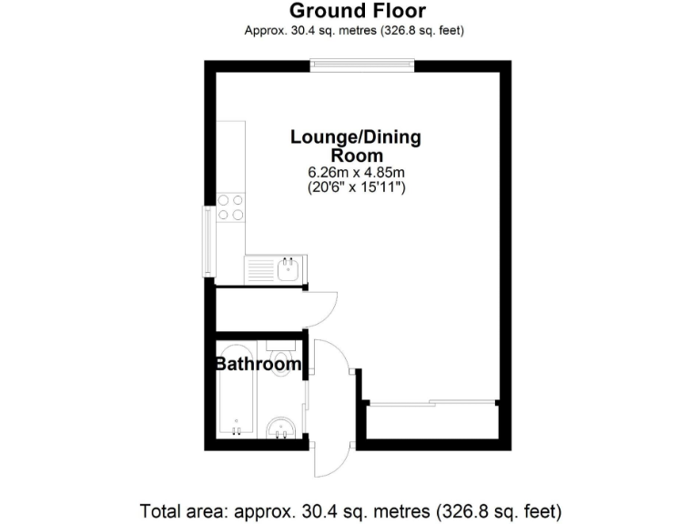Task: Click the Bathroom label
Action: click(x=258, y=365)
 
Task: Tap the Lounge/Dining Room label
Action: click(x=356, y=146)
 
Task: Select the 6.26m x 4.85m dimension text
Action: click(x=356, y=173)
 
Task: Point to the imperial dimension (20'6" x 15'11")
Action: click(x=356, y=187)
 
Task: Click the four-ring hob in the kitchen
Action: click(x=230, y=207)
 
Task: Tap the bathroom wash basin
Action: click(x=280, y=428)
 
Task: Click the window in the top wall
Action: click(x=362, y=65)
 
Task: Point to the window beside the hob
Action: click(x=209, y=242)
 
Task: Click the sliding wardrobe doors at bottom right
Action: click(x=433, y=402)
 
